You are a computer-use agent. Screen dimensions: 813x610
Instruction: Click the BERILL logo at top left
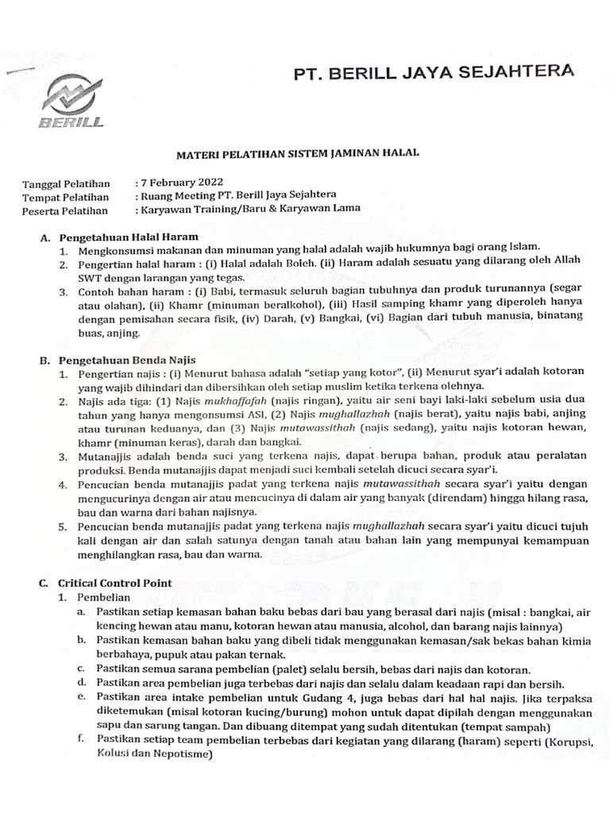(72, 102)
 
